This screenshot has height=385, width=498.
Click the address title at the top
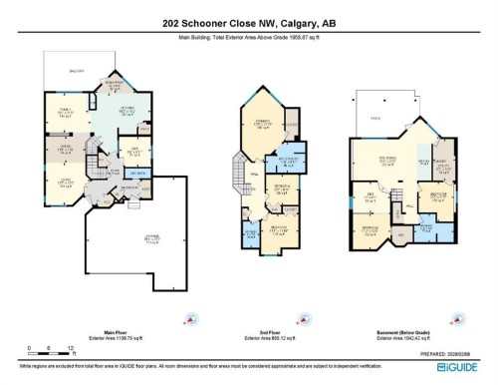[x=249, y=23]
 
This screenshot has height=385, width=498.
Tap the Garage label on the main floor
[x=152, y=239]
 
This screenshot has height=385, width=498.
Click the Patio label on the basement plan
[x=377, y=117]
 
